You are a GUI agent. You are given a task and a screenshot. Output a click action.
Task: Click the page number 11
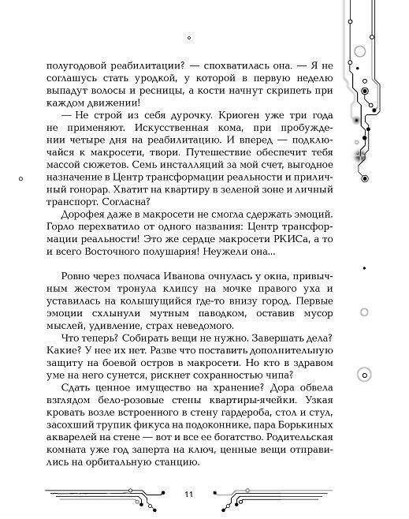coord(189,494)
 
